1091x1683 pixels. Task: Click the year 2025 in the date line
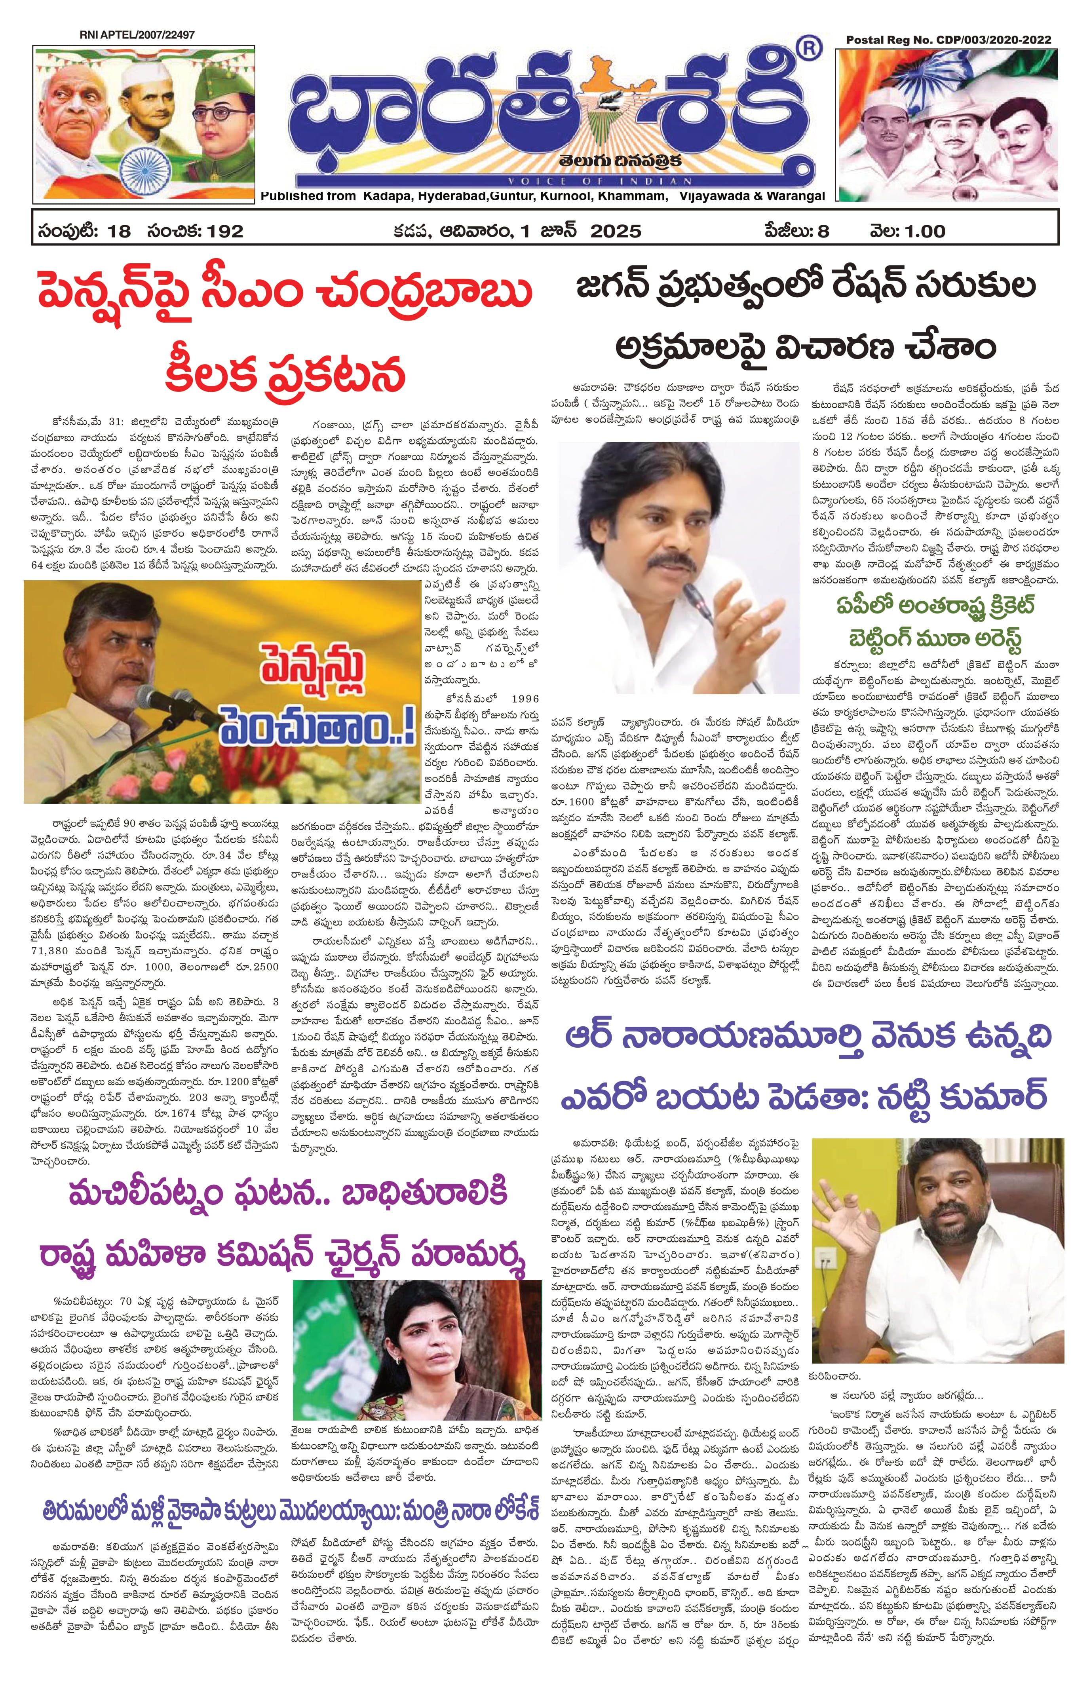click(x=615, y=231)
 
